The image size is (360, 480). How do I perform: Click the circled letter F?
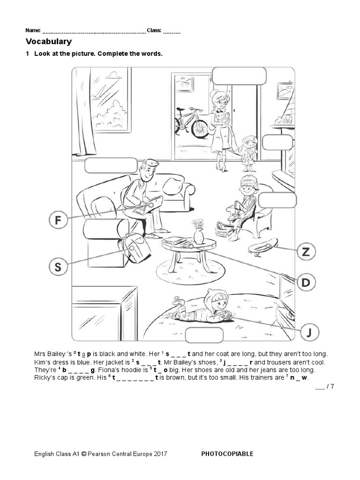58,220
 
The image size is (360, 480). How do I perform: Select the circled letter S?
58,267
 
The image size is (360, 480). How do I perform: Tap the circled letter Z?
306,252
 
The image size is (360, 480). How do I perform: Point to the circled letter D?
306,282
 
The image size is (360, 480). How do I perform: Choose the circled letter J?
309,332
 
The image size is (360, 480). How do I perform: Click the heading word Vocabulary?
52,42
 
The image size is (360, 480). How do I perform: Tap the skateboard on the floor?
263,246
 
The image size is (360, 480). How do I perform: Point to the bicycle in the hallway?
191,121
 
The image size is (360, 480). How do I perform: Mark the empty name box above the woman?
239,75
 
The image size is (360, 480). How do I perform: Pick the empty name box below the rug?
204,336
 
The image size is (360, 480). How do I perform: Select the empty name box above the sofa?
111,165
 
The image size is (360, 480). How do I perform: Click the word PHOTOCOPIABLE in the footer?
227,454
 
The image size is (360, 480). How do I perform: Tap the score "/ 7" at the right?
330,386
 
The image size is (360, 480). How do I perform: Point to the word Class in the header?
154,30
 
